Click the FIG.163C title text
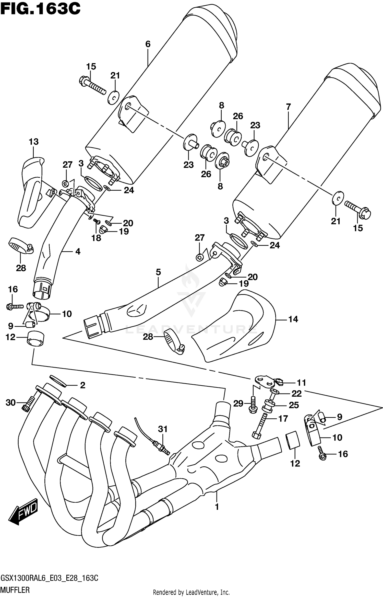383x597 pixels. click(x=40, y=9)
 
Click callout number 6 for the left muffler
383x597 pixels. click(x=148, y=44)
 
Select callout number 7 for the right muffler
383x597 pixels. click(x=289, y=107)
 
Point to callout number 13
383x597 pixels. click(x=34, y=142)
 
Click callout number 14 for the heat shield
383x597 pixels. click(x=293, y=319)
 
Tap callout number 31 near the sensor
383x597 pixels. click(x=163, y=429)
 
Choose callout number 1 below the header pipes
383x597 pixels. click(x=217, y=507)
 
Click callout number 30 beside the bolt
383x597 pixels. click(x=11, y=403)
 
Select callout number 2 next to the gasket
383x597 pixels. click(x=82, y=385)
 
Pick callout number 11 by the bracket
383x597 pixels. click(x=301, y=383)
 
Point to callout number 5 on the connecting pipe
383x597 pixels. click(x=158, y=272)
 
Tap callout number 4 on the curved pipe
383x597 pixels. click(x=78, y=251)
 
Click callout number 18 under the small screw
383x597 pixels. click(x=97, y=238)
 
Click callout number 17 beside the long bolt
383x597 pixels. click(x=283, y=419)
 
